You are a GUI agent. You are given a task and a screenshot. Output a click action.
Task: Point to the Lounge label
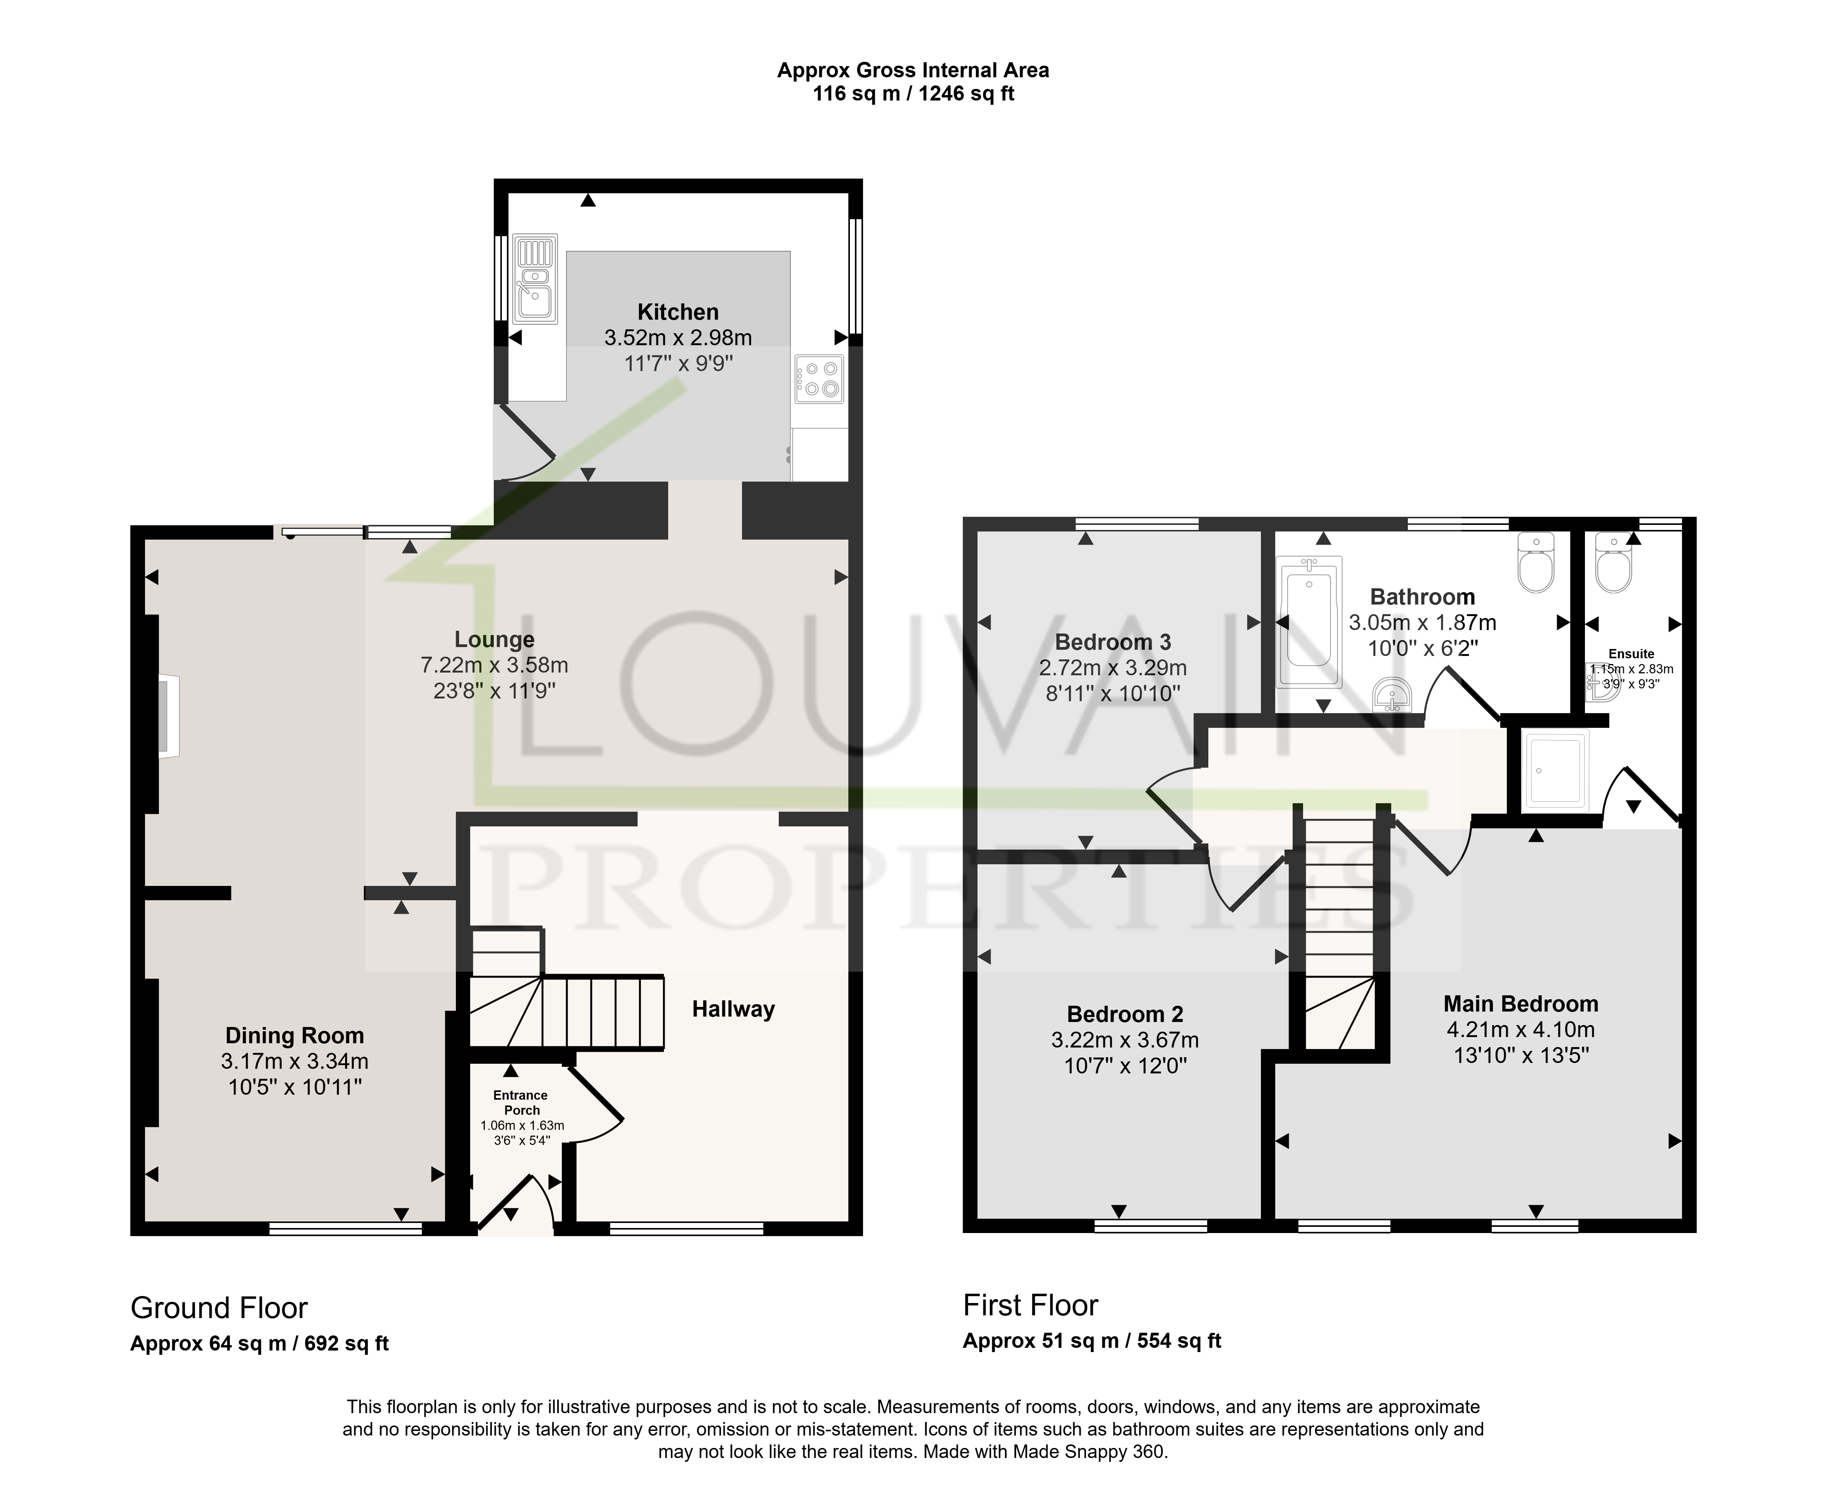pos(495,639)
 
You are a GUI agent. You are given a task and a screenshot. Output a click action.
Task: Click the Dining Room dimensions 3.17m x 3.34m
pos(295,1061)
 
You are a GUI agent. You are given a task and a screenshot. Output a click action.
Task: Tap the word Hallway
pos(734,1010)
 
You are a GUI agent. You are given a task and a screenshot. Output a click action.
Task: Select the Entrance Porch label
pos(521,1103)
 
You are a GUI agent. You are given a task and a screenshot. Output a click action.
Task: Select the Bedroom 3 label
pos(1112,642)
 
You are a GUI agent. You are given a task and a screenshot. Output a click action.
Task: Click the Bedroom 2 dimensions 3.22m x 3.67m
pos(1124,1040)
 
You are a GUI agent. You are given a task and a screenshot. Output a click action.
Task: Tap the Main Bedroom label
pos(1521,1004)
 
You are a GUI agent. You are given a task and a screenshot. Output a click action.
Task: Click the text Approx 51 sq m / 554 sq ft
pos(1092,1341)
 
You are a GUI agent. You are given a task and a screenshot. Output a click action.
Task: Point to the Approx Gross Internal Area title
pos(913,70)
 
